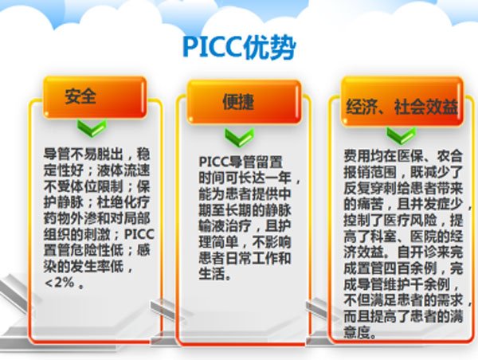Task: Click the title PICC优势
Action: pos(239,48)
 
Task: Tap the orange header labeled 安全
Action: pos(95,97)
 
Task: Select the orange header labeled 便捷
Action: pos(244,102)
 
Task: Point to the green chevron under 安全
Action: pos(92,127)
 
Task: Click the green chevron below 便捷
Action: pos(239,137)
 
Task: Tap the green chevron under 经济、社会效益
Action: pos(402,135)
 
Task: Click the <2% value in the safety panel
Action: pos(60,283)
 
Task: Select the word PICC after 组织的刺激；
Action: pos(139,234)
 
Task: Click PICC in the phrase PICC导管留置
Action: pos(214,162)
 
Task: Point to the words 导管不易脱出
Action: pos(83,155)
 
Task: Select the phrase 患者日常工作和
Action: pos(245,258)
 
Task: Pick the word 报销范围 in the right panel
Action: pos(370,172)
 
